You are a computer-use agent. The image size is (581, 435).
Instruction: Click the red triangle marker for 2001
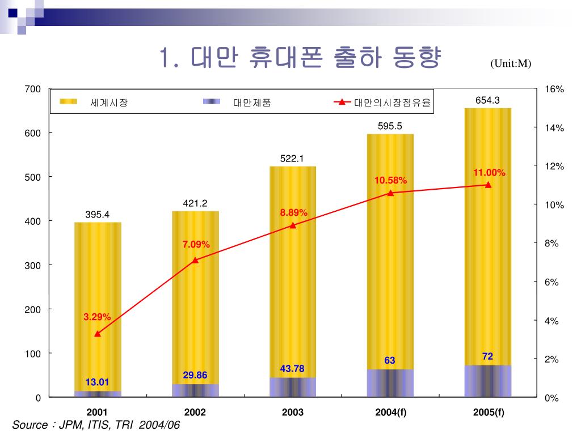click(98, 334)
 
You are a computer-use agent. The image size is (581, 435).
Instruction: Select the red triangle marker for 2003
click(293, 225)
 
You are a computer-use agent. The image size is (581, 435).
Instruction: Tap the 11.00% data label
click(489, 172)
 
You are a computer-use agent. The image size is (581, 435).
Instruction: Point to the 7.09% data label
click(196, 244)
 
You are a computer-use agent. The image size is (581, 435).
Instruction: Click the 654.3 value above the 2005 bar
click(487, 100)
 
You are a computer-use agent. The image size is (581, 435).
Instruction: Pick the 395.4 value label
click(97, 214)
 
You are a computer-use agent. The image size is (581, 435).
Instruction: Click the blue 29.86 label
click(195, 375)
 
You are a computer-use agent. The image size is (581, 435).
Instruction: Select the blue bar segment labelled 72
click(487, 381)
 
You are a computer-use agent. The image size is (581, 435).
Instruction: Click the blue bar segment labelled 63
click(390, 383)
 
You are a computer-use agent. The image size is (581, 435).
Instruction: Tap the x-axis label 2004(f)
click(390, 412)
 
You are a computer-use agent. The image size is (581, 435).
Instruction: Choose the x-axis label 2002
click(195, 412)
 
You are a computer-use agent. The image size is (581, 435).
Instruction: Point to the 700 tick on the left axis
click(32, 89)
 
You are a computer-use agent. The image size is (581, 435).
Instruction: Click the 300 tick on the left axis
click(32, 265)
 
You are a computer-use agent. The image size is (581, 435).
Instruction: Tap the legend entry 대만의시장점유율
click(392, 103)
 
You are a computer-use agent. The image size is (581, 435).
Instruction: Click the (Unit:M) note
click(511, 63)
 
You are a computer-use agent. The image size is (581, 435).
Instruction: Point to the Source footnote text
click(96, 425)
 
